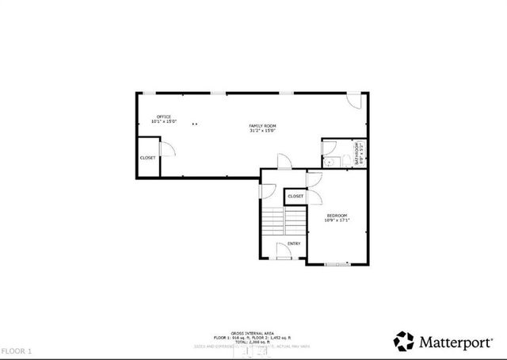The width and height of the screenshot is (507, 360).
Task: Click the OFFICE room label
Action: [x=164, y=117]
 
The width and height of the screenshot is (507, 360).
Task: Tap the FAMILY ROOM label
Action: [x=262, y=126]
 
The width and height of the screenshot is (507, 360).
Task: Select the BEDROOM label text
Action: [x=337, y=215]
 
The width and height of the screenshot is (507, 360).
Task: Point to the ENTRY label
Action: [x=293, y=243]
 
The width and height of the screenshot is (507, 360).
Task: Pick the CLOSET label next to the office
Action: [x=148, y=158]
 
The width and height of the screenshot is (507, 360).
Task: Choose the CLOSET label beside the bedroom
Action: [x=295, y=196]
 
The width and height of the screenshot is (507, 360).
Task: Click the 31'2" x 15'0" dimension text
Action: [x=262, y=131]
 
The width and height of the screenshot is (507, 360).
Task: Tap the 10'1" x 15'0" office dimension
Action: [x=164, y=122]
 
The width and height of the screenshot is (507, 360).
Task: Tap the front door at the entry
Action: [x=284, y=253]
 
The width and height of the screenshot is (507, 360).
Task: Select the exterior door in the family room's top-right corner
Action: [x=356, y=101]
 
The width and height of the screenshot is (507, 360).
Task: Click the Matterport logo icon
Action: [x=404, y=341]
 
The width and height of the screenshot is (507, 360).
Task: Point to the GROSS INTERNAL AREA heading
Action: [x=253, y=333]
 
